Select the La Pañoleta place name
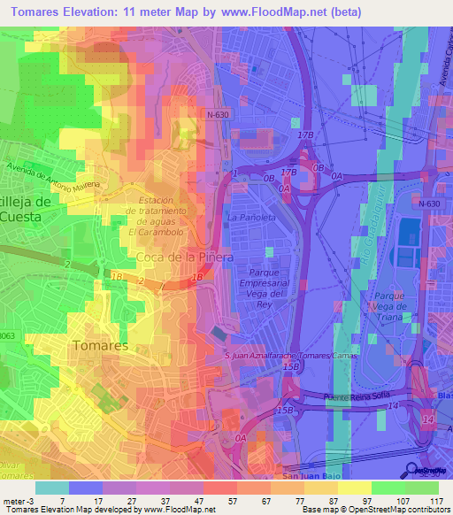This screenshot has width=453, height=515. (x=252, y=217)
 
